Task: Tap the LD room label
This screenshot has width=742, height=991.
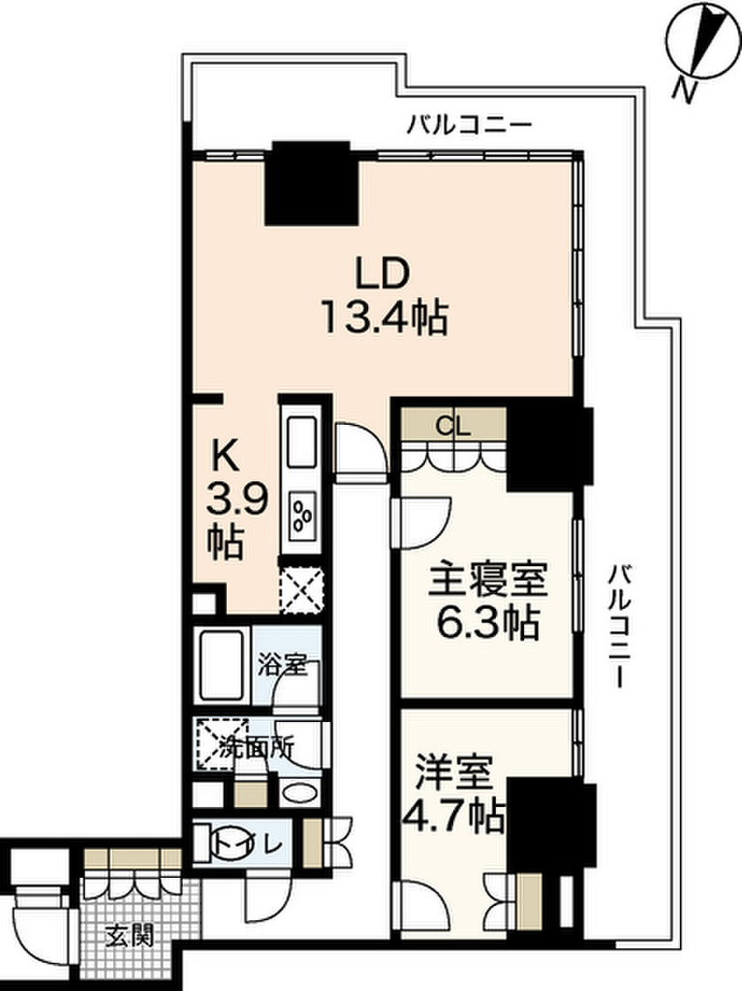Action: coord(385,275)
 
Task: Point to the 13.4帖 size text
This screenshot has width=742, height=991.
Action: coord(384,317)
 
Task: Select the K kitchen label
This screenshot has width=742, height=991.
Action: coord(228,452)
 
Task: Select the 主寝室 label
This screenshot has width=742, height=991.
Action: coord(488,582)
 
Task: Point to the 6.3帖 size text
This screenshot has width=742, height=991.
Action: coord(488,624)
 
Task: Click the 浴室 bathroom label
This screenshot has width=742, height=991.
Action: coord(283,665)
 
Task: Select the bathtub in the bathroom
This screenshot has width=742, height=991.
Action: coord(223,665)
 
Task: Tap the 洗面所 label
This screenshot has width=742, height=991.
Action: coord(257,747)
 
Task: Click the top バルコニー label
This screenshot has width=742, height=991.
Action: coord(469,125)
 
